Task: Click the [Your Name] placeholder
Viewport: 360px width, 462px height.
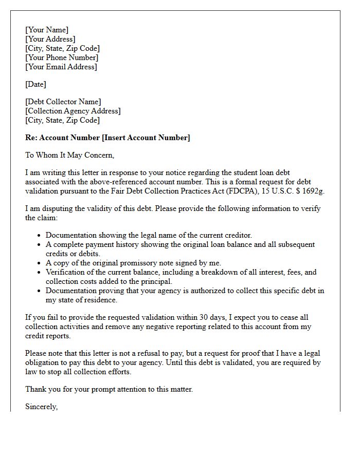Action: pyautogui.click(x=47, y=30)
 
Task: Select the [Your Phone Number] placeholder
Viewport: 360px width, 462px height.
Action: pyautogui.click(x=62, y=57)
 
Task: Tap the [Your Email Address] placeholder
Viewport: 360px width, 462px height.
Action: pyautogui.click(x=61, y=67)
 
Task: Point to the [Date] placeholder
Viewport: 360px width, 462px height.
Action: pyautogui.click(x=35, y=84)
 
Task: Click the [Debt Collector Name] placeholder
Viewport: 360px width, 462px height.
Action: pyautogui.click(x=63, y=102)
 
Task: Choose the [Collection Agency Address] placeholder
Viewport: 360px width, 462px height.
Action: pyautogui.click(x=73, y=111)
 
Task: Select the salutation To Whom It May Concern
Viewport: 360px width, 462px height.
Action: pyautogui.click(x=69, y=155)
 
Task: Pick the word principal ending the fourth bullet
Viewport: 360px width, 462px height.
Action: pyautogui.click(x=156, y=281)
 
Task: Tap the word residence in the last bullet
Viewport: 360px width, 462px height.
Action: pyautogui.click(x=100, y=300)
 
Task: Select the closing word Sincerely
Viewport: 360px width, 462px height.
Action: pyautogui.click(x=41, y=407)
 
